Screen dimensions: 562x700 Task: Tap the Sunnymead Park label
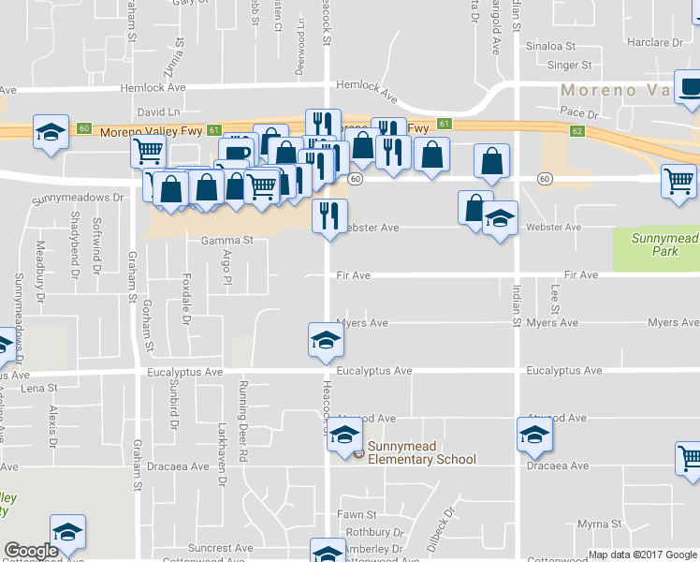(x=654, y=244)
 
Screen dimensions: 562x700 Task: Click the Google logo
(x=31, y=551)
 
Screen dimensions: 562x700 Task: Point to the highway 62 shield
(x=577, y=130)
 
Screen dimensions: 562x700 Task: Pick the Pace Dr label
(x=579, y=112)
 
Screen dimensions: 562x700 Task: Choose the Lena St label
(x=38, y=388)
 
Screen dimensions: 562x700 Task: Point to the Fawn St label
(x=357, y=514)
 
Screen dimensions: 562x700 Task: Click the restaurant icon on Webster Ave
(x=329, y=215)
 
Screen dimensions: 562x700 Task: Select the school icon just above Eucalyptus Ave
(x=326, y=339)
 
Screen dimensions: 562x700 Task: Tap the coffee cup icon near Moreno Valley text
(x=689, y=88)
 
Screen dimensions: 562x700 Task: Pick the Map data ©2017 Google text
(x=641, y=555)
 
